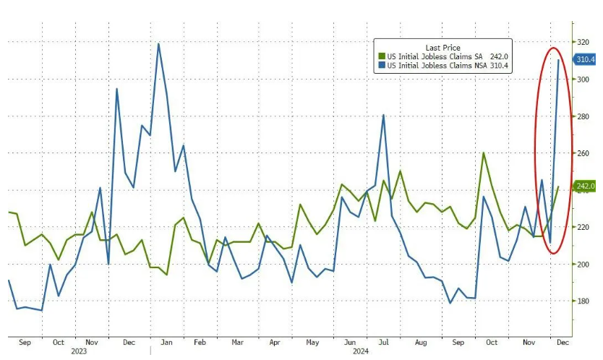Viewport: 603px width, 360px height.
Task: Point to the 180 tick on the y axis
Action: (582, 301)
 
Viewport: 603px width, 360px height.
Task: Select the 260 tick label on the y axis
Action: (582, 153)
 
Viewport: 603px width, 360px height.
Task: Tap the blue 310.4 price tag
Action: (585, 60)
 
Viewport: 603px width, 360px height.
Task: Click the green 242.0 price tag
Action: (585, 187)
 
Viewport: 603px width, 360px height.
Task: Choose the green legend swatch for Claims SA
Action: (382, 56)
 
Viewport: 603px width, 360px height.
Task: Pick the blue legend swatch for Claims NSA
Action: (382, 65)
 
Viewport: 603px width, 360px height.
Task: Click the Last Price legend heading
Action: (443, 47)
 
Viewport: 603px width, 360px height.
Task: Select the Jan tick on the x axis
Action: (166, 342)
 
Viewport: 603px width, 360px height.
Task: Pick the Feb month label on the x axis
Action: (200, 342)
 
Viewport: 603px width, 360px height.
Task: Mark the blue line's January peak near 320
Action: (158, 44)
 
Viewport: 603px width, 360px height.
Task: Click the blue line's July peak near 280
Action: (382, 115)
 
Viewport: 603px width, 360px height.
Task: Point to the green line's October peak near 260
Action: (483, 153)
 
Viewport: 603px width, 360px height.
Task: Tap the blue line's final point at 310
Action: (558, 60)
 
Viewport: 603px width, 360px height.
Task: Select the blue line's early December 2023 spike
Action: (117, 89)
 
